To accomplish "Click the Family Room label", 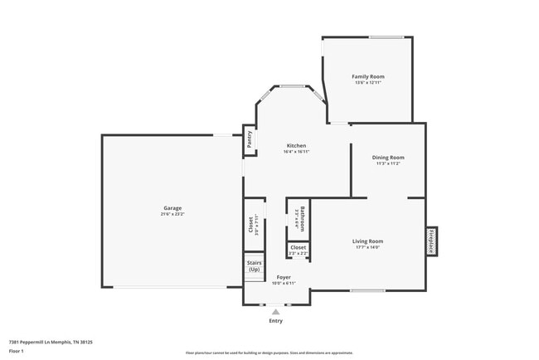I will click(x=368, y=76).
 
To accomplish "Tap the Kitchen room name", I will click(x=296, y=146).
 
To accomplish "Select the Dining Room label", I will click(x=388, y=157).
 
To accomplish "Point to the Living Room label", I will click(x=367, y=241).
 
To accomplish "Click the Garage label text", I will click(x=172, y=208).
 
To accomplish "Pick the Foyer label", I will click(x=284, y=276).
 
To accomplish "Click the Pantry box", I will click(x=249, y=139).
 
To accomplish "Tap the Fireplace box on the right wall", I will click(x=431, y=241).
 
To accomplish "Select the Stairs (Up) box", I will click(x=254, y=266).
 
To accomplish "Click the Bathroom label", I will click(x=302, y=218).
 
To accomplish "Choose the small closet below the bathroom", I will click(x=298, y=249).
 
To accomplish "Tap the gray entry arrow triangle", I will click(x=275, y=312).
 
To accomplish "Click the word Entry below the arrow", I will click(x=275, y=321).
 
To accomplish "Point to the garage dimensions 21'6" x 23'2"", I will click(x=172, y=214).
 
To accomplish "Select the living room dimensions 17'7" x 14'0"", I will click(x=367, y=247).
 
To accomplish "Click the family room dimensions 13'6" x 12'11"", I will click(x=368, y=82).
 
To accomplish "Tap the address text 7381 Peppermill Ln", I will click(x=51, y=342).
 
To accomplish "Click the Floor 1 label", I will click(x=17, y=352).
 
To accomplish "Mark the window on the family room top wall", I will click(x=386, y=36).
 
